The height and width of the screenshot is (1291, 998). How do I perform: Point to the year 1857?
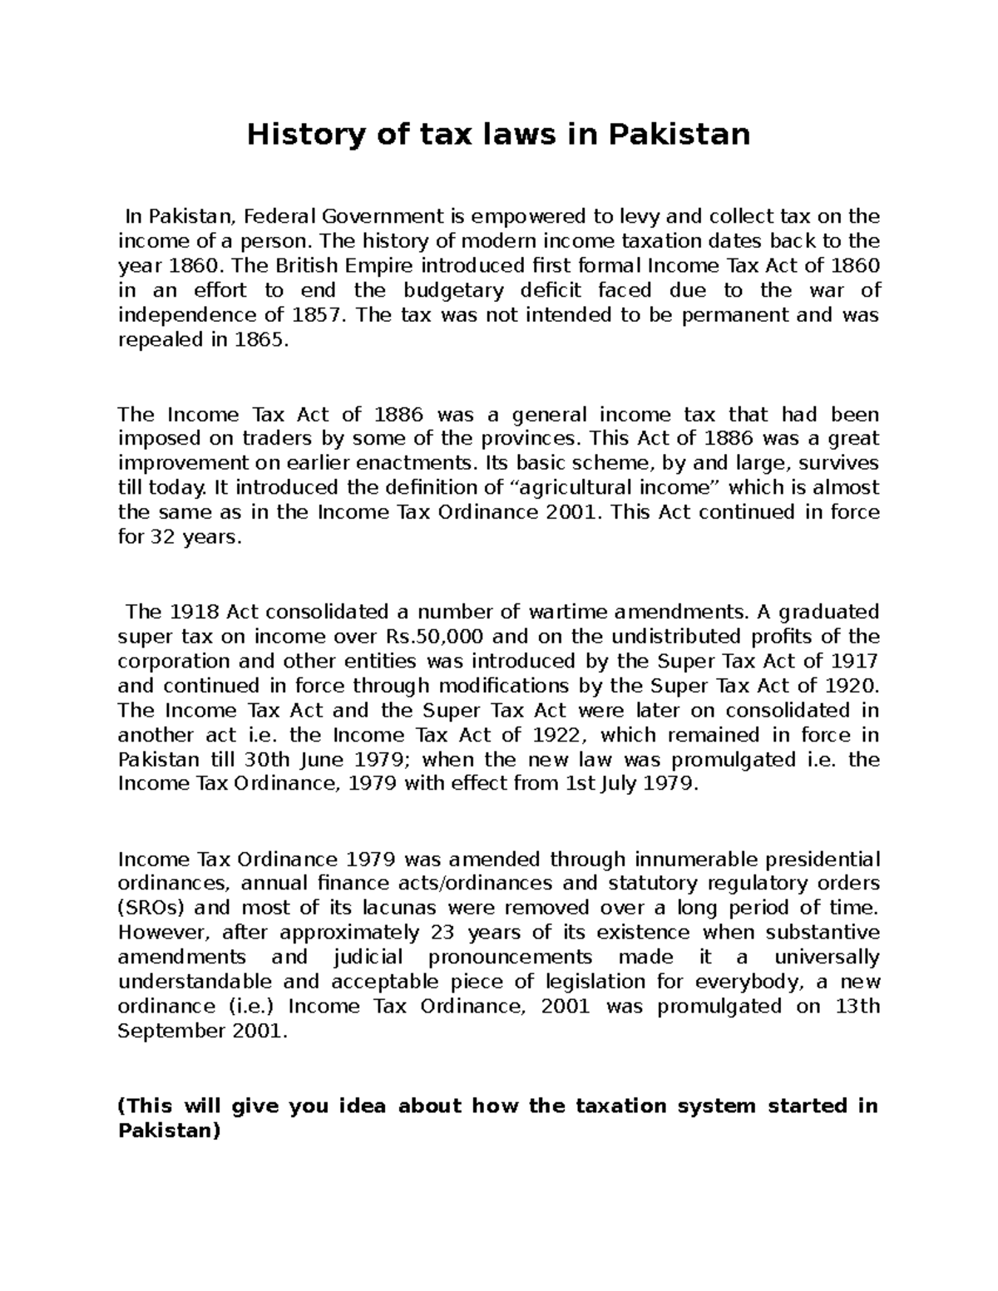coord(316,315)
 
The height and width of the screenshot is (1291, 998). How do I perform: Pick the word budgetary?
coord(454,291)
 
